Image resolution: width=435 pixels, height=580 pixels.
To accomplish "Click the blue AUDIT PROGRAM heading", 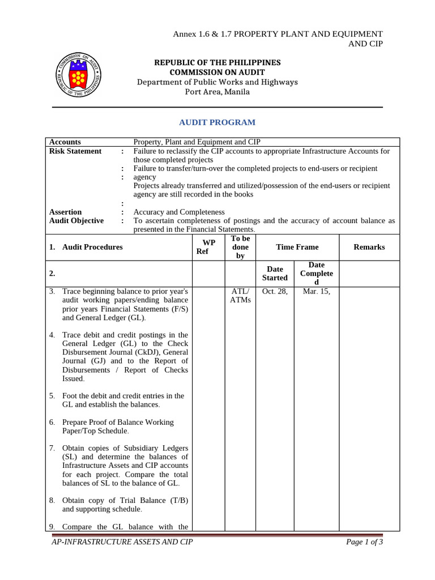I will (217, 122).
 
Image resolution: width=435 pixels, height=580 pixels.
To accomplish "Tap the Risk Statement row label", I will (75, 151).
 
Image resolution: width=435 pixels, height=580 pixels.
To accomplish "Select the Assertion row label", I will (65, 212).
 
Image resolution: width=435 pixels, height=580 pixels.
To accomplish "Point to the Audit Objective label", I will (76, 221).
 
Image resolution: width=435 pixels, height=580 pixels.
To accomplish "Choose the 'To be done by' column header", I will (241, 247).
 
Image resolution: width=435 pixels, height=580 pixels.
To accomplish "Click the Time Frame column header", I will (297, 247).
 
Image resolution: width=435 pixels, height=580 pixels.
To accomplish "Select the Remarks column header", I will (369, 247).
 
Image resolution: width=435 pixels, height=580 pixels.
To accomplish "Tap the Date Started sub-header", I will (275, 273).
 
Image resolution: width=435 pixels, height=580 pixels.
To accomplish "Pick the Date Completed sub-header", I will (316, 273).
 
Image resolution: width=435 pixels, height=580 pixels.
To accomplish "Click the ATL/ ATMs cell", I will (241, 295).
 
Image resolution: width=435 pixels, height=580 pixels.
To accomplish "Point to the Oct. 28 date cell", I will (275, 291).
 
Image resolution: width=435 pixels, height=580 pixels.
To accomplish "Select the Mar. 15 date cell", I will (316, 291).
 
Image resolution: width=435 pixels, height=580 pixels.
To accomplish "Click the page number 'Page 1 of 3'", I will (364, 542).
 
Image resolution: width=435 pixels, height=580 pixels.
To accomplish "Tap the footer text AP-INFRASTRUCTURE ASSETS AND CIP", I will (122, 542).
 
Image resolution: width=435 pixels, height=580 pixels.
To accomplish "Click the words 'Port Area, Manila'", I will (217, 92).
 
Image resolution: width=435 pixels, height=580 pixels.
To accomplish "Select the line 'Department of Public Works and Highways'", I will (217, 82).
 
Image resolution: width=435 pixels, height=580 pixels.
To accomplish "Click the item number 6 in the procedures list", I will (52, 423).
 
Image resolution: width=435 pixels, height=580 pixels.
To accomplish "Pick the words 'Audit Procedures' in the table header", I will (92, 247).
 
